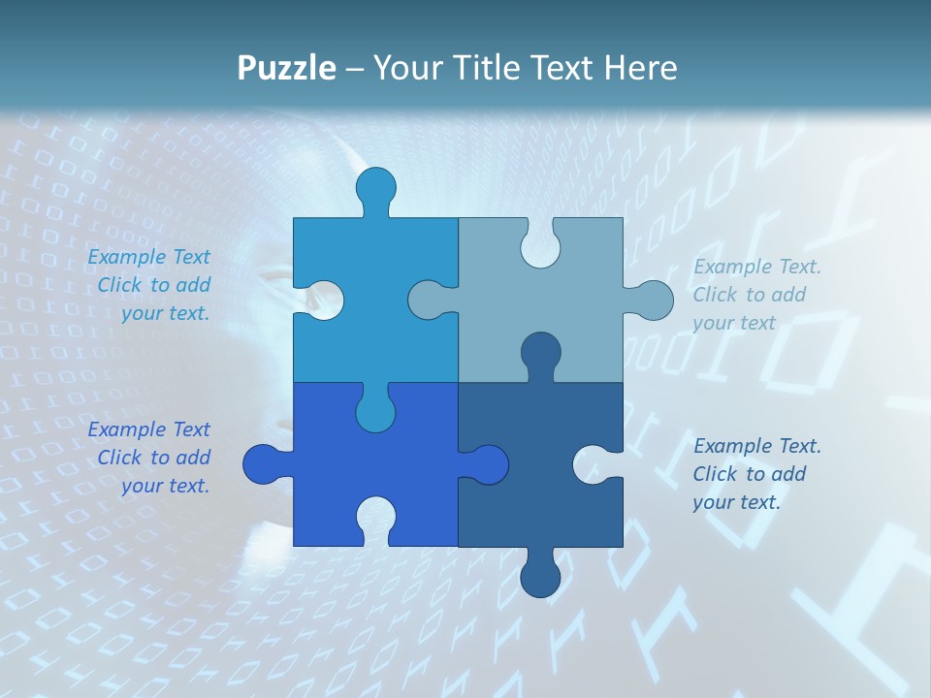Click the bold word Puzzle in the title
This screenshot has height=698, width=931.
(x=287, y=68)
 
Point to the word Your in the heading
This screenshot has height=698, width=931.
(x=405, y=68)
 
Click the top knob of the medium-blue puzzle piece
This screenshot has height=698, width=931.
(x=376, y=188)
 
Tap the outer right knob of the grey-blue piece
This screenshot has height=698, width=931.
(x=653, y=300)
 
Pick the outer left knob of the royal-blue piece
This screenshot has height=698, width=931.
(x=263, y=464)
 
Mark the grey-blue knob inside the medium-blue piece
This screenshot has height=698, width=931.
(x=429, y=300)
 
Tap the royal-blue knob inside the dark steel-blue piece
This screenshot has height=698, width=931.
(x=488, y=464)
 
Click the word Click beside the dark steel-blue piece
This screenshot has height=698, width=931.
(x=716, y=474)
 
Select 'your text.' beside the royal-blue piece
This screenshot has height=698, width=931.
(x=165, y=486)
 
